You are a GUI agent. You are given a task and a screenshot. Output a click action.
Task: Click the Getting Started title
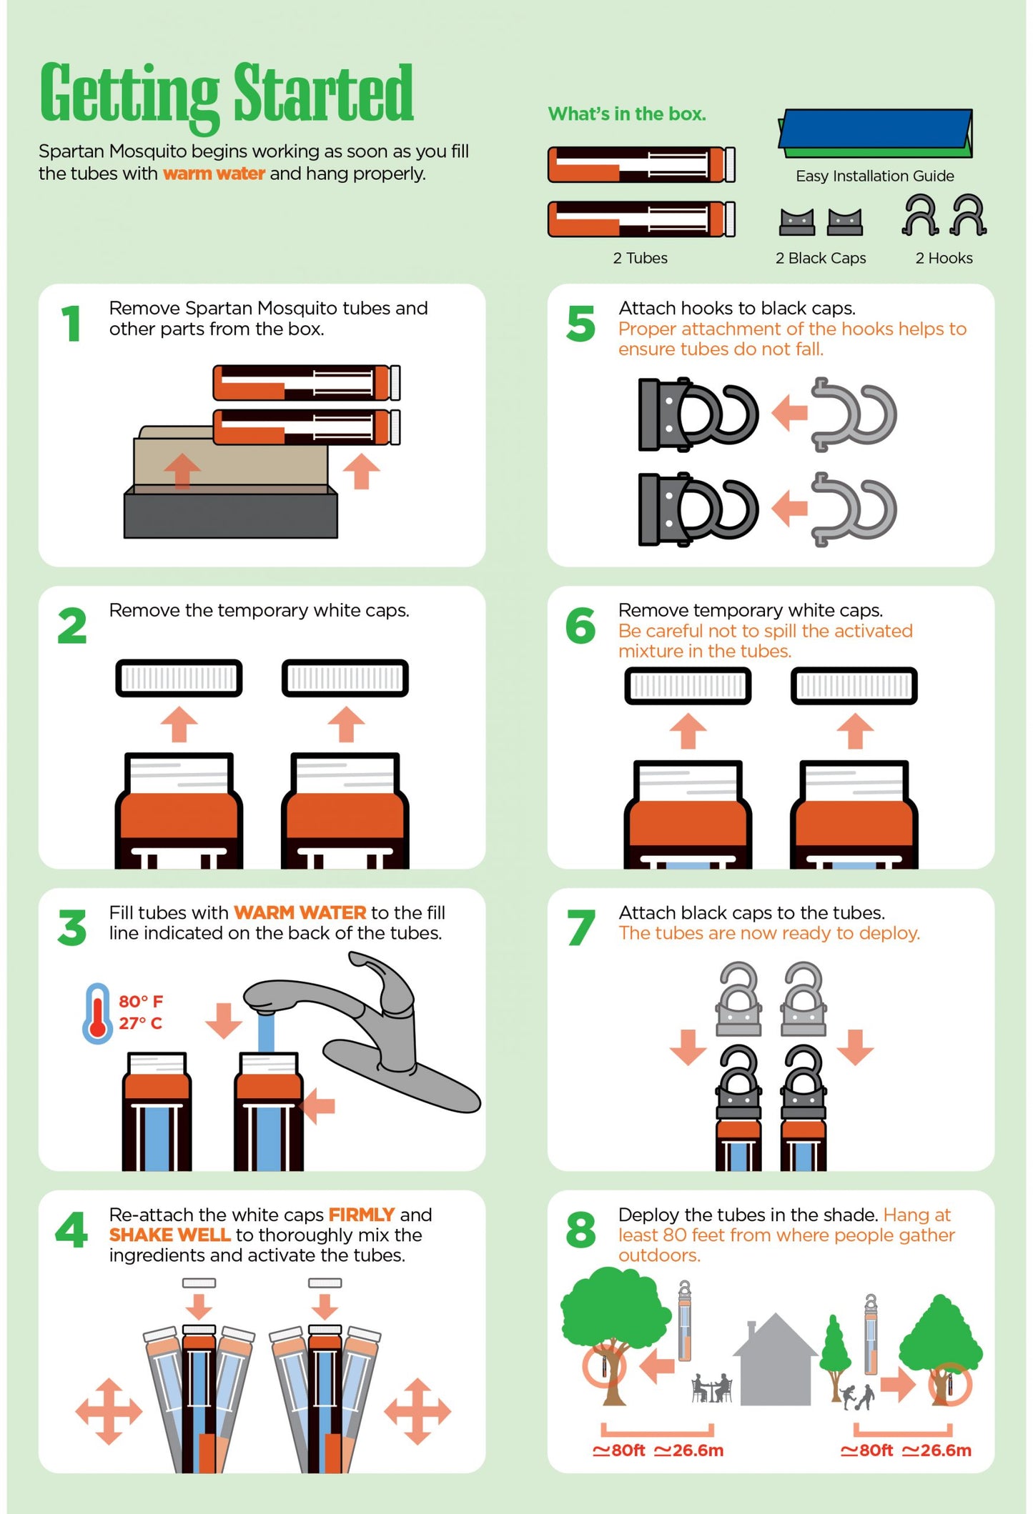pos(226,94)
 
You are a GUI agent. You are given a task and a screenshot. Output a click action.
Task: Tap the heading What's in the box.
pos(626,114)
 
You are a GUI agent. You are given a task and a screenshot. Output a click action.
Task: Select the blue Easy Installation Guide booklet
pos(875,132)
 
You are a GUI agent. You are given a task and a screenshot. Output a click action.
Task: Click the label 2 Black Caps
pos(820,259)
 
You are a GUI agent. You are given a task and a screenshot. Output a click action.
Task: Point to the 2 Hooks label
pos(944,259)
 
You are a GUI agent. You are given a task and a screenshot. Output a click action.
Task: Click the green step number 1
pos(71,324)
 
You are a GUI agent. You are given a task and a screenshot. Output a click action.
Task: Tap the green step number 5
pos(580,324)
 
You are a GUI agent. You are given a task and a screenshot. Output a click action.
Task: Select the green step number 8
pos(580,1230)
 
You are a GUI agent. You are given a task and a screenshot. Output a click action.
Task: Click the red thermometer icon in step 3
pos(97,1012)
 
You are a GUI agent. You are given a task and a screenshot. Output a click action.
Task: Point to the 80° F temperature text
pos(141,1002)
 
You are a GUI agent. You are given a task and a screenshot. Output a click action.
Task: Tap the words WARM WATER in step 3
pos(300,913)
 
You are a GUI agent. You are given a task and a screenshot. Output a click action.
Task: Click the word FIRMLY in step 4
pos(361,1215)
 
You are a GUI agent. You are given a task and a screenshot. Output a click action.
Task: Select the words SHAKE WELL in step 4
pos(169,1235)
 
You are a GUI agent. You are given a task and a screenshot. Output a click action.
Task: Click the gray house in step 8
pos(776,1361)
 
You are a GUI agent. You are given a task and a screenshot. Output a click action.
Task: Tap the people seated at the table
pos(711,1388)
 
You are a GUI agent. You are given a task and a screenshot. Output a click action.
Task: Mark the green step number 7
pos(580,927)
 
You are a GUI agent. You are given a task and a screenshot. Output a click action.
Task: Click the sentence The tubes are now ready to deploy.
pos(769,933)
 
